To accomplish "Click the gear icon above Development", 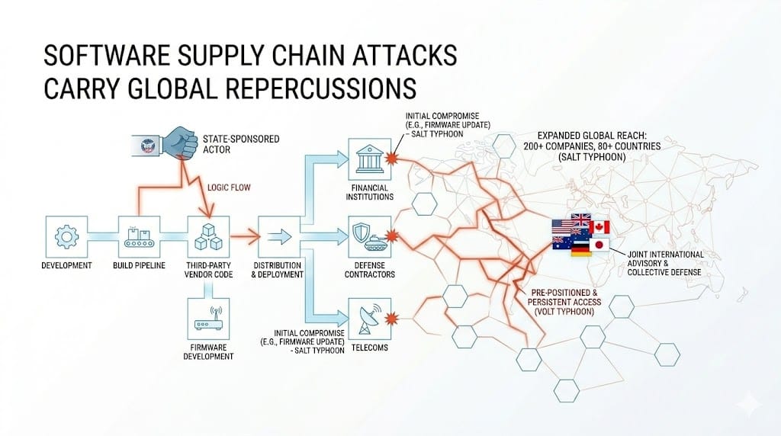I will (x=66, y=235).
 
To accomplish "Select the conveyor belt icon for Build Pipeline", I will (x=137, y=235).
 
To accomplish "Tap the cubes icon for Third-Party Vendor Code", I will (x=207, y=235).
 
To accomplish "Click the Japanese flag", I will (x=599, y=245).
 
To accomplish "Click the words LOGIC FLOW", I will (x=229, y=184).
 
